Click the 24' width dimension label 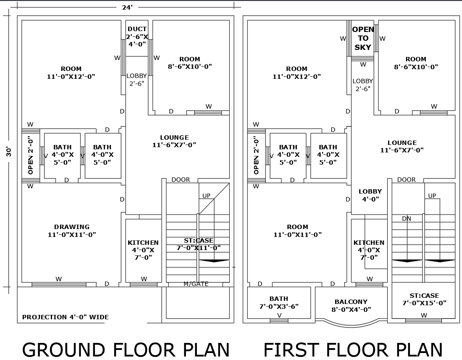(127, 7)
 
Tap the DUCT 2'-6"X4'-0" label (137, 37)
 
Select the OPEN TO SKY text (363, 39)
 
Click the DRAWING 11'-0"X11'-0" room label (72, 231)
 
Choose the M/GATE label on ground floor (196, 284)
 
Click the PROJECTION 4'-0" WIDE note (65, 317)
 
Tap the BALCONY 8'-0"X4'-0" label (351, 305)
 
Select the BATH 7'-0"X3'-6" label (279, 303)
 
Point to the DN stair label (406, 219)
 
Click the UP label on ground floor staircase (206, 196)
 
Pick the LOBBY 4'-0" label (370, 195)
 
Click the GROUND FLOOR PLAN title (126, 350)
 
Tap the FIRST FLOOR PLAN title (353, 350)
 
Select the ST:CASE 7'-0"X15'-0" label (424, 299)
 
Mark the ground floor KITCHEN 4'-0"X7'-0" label (143, 250)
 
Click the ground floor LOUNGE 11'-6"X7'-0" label (174, 141)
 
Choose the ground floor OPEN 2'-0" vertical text (31, 155)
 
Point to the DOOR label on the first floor (406, 180)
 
